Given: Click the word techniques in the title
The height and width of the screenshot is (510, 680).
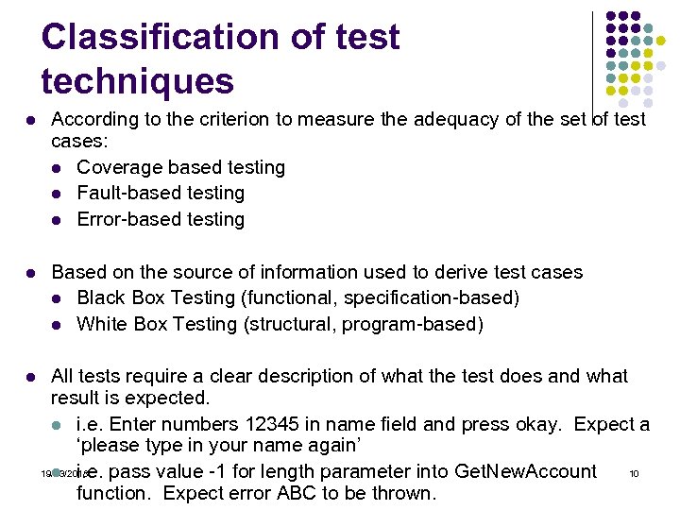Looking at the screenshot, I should coord(137,82).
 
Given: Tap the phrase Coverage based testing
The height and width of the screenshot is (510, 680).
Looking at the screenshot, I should coord(180,167).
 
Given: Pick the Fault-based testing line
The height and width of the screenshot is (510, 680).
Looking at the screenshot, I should coord(161,193).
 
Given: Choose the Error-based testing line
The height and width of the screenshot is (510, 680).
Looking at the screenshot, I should coord(161,219).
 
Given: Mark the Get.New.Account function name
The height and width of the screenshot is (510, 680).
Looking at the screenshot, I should coord(526,471).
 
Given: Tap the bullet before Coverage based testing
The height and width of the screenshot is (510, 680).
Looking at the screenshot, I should coord(59,168).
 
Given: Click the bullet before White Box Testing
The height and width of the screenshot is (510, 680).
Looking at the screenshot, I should coord(59,325).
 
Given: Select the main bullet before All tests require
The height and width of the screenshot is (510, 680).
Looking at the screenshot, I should coord(32,377).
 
